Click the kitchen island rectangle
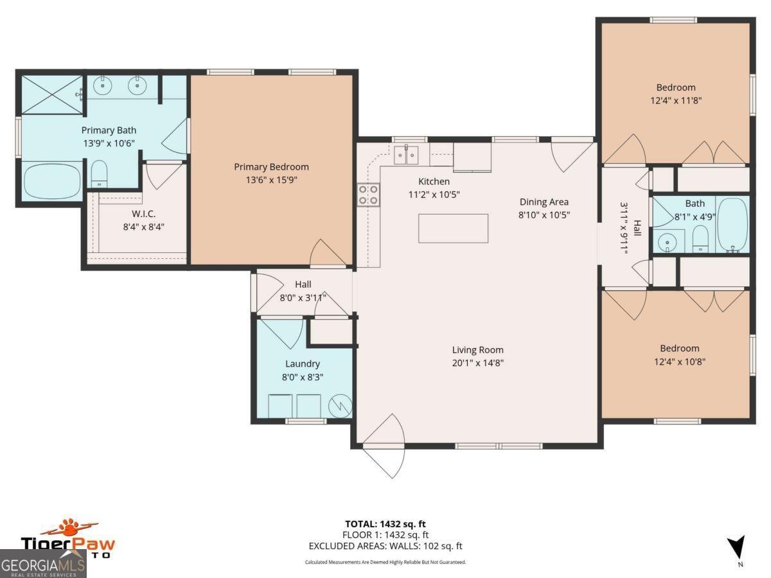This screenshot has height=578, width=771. (453, 228)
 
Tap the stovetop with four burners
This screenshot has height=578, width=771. (369, 195)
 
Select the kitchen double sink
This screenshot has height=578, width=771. (406, 155)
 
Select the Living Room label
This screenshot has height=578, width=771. (477, 350)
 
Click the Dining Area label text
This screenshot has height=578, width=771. (544, 202)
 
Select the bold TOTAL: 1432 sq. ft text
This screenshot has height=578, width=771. (385, 524)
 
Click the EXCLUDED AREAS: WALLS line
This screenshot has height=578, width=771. (385, 547)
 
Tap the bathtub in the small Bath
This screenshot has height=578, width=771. (732, 224)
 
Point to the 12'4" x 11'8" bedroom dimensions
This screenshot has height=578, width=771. (675, 100)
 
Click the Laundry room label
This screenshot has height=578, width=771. (302, 364)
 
